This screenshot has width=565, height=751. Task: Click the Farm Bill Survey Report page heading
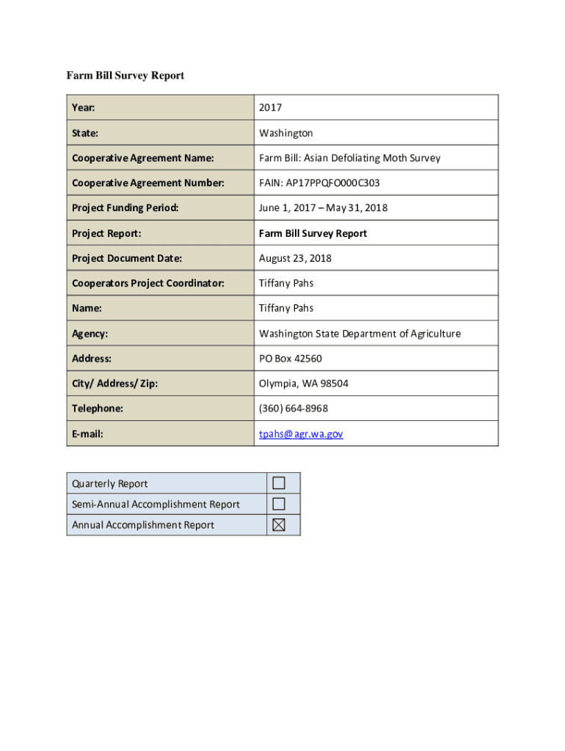(x=125, y=76)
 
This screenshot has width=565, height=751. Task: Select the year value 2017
(x=270, y=108)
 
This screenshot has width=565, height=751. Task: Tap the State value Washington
(x=285, y=133)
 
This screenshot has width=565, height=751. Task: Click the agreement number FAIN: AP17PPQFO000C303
(x=319, y=183)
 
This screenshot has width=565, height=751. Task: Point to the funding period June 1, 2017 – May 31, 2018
(x=323, y=208)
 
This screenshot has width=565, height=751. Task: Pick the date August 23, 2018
(x=295, y=258)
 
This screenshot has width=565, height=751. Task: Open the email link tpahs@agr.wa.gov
(x=300, y=433)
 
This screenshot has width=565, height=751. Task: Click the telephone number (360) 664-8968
(x=294, y=409)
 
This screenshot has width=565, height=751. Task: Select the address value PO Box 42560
(x=290, y=359)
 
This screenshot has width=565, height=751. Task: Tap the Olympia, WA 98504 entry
(x=294, y=384)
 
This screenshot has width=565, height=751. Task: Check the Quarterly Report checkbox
(x=279, y=483)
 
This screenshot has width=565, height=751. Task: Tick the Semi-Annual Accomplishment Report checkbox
(x=279, y=504)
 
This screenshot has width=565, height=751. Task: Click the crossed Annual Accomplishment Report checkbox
(x=279, y=524)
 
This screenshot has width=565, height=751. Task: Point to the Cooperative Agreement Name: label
(x=143, y=158)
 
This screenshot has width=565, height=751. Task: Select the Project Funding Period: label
(x=125, y=208)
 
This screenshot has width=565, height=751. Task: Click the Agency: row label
(x=90, y=334)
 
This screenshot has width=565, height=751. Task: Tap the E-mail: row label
(x=87, y=433)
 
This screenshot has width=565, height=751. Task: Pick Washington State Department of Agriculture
(x=360, y=334)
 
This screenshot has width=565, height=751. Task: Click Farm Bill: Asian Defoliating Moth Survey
(x=349, y=158)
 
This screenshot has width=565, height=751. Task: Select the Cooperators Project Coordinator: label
(x=148, y=283)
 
